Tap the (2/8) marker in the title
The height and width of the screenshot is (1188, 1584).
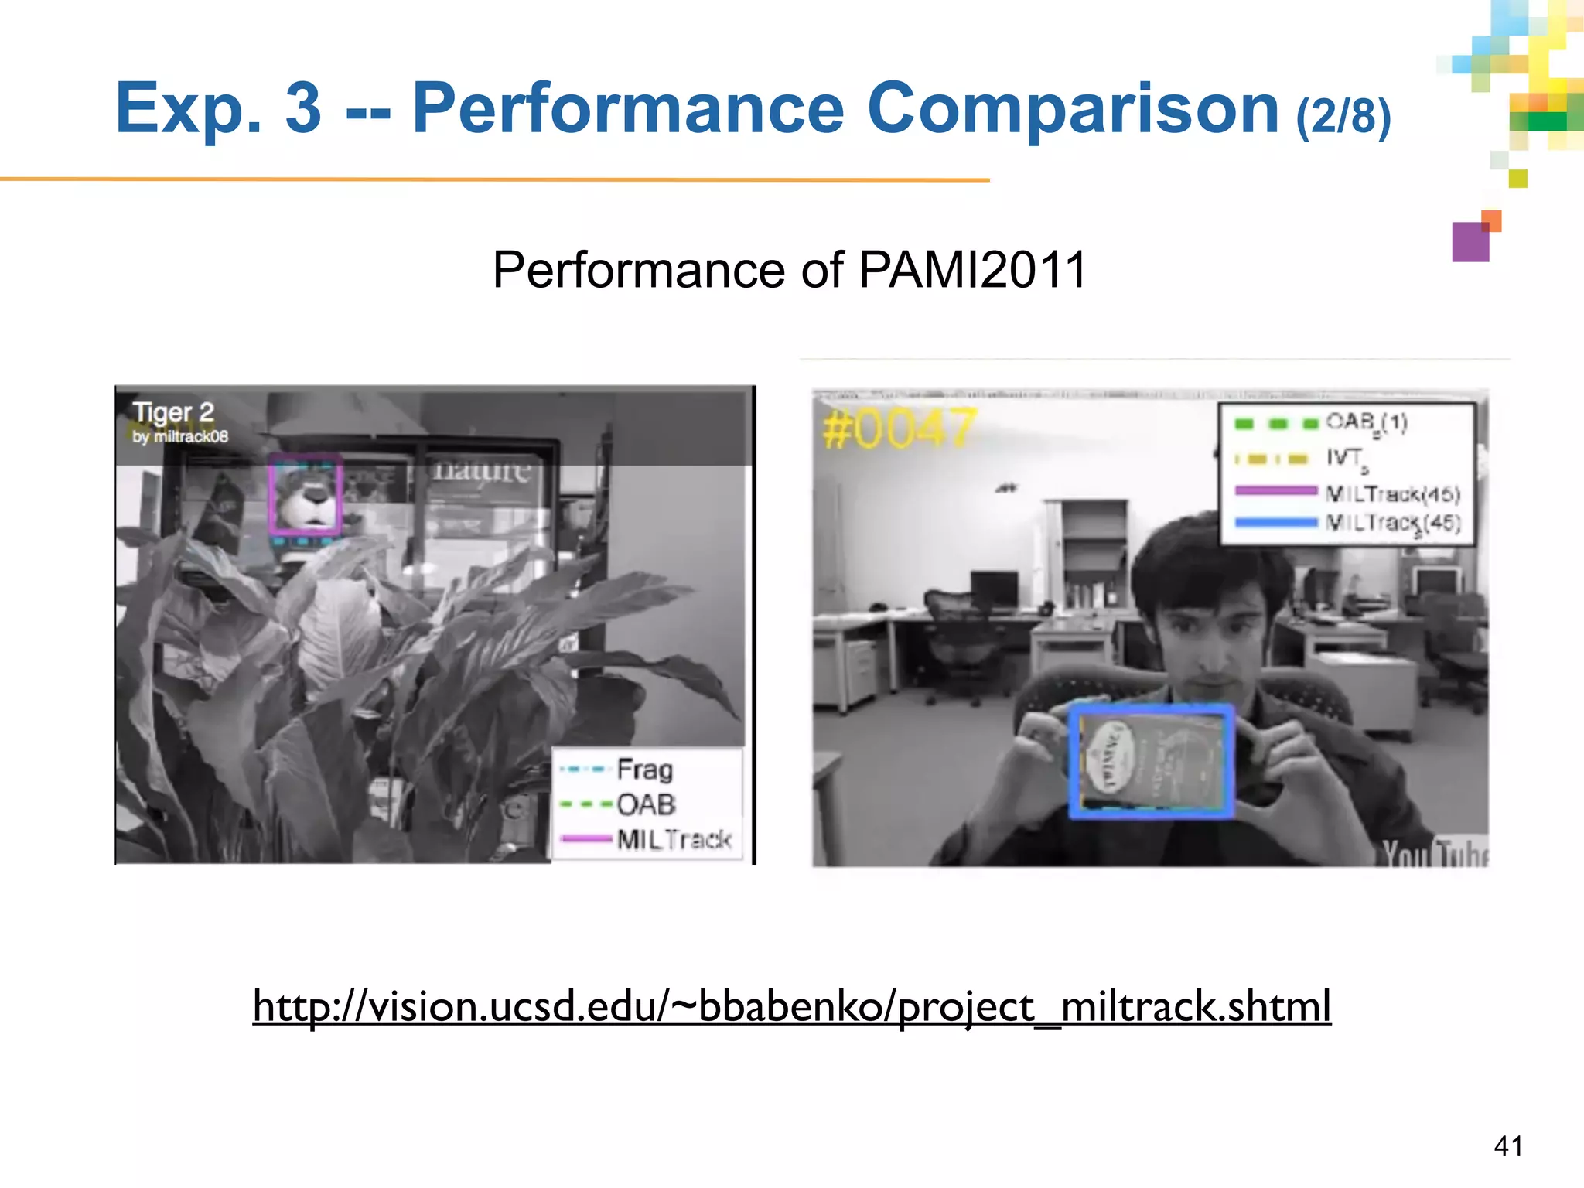point(1343,116)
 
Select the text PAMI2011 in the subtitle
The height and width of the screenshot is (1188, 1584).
point(972,270)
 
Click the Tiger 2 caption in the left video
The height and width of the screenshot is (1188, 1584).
point(173,412)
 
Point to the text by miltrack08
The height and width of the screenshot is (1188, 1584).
point(180,436)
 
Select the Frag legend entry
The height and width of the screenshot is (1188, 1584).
point(644,770)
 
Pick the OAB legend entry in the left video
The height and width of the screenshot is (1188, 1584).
point(646,804)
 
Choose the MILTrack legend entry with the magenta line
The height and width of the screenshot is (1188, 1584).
point(673,839)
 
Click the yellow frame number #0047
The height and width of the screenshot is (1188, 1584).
point(899,429)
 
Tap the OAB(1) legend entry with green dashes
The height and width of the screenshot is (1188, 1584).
point(1366,422)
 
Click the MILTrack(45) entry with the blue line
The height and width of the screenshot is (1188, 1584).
point(1392,523)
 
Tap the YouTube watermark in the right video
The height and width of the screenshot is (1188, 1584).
point(1435,854)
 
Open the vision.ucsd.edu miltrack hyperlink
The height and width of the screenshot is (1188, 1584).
point(791,1006)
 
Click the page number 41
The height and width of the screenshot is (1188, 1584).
point(1508,1145)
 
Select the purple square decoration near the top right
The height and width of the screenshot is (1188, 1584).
point(1470,242)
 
